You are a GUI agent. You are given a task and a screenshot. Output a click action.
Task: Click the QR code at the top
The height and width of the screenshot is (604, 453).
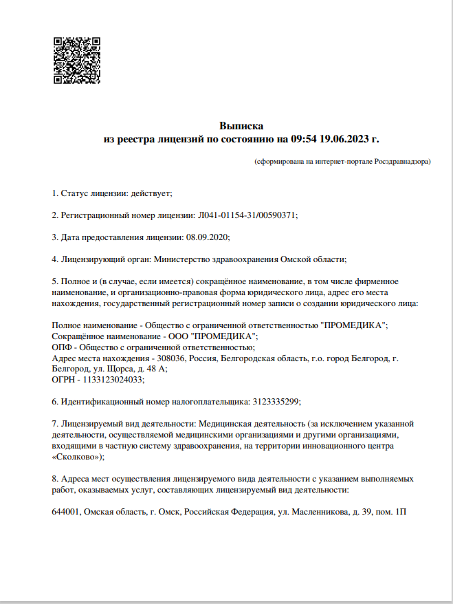tap(76, 61)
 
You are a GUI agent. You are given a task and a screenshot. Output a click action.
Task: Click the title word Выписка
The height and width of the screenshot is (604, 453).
tap(241, 126)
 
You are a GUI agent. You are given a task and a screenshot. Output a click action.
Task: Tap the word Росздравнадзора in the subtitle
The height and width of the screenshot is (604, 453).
tap(401, 162)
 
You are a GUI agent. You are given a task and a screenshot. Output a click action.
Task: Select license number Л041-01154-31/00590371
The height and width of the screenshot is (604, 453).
tap(247, 215)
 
